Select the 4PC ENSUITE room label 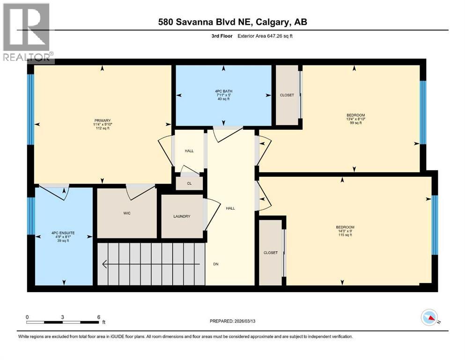pos(63,232)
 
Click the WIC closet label pos(126,212)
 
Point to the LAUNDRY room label pos(182,216)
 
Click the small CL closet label pos(189,183)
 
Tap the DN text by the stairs pos(216,264)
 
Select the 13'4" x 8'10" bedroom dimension pos(355,119)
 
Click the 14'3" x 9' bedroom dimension pos(344,231)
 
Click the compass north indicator pos(429,318)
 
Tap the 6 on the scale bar pos(98,316)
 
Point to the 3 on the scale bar pos(62,316)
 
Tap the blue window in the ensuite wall pos(31,216)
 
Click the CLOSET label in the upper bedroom pos(287,95)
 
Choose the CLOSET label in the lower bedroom pos(270,253)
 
